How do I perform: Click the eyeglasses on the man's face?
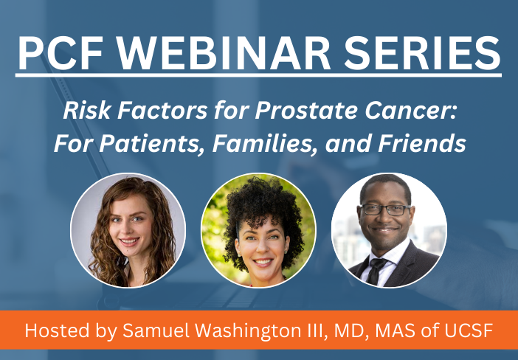tap(385, 210)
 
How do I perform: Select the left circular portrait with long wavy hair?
tap(128, 230)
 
